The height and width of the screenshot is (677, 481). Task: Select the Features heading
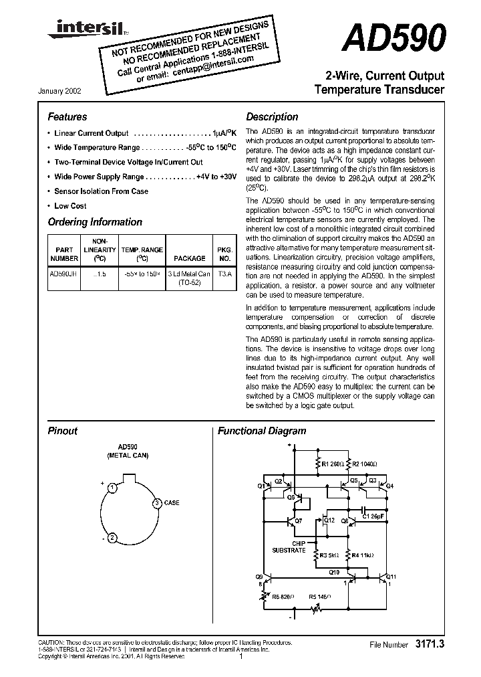click(x=67, y=116)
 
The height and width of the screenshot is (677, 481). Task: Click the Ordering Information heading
click(x=95, y=222)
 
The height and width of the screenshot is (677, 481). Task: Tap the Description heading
click(x=272, y=116)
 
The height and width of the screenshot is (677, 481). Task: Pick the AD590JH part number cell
click(x=64, y=274)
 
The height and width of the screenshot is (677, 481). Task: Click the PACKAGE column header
click(x=189, y=258)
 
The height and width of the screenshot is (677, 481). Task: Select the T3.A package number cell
click(x=224, y=274)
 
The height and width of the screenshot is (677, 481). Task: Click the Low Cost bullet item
click(x=70, y=206)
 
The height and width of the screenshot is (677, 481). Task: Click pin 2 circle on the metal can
click(x=114, y=537)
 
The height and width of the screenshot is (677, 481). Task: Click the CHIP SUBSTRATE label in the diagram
click(x=289, y=547)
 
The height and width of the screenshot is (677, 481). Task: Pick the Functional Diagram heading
click(x=262, y=431)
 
